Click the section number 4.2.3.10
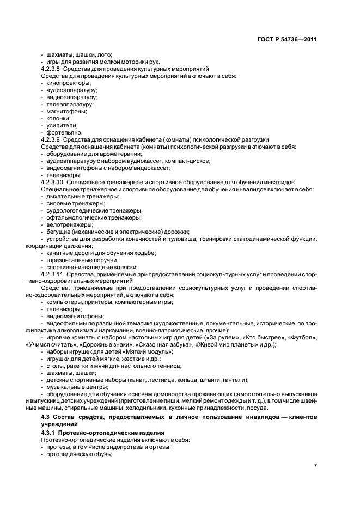[53, 182]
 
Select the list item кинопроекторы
[68, 83]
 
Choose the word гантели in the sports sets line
[235, 380]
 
